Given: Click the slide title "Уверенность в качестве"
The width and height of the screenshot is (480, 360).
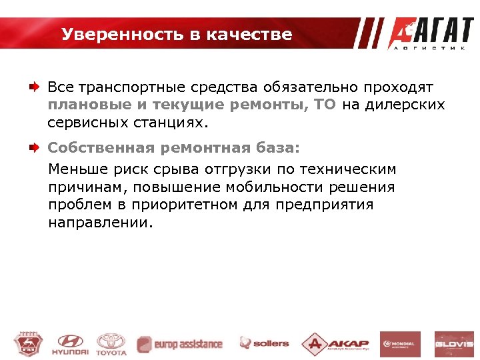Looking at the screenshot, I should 177,34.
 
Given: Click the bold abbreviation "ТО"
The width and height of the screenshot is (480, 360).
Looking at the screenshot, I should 325,105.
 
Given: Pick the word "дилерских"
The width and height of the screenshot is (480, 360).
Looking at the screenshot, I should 410,105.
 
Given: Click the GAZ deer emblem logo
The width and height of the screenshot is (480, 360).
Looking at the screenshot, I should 27,344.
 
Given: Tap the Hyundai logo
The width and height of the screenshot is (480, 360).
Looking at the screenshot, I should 72,344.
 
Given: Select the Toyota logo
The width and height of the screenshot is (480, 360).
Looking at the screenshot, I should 111,344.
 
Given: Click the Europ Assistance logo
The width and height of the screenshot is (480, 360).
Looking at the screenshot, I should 180,344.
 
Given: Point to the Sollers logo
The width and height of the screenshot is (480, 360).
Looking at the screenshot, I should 265,344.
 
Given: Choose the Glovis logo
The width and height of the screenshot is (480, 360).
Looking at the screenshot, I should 454,344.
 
